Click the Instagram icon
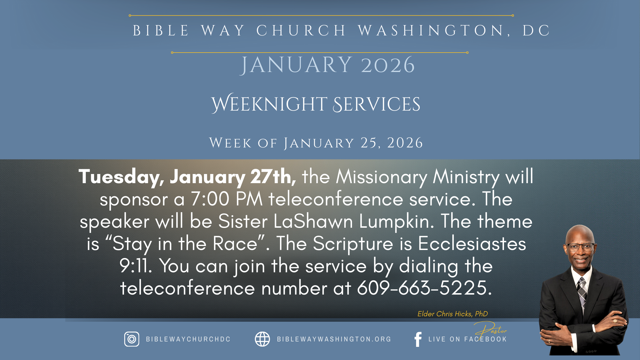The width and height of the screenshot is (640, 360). click(x=132, y=339)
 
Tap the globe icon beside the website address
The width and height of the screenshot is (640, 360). click(x=262, y=339)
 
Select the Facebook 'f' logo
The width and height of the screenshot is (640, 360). click(x=418, y=339)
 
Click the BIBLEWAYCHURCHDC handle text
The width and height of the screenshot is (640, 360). click(x=188, y=339)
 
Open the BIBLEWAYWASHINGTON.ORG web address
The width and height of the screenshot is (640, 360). click(x=334, y=339)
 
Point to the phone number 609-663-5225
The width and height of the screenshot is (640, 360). click(x=425, y=288)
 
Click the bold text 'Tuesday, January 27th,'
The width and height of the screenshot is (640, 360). click(x=187, y=177)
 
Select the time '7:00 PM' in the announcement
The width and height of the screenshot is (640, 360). click(x=227, y=199)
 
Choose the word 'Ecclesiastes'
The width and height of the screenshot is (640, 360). click(x=472, y=244)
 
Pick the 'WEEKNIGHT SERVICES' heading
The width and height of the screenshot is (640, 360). click(x=316, y=104)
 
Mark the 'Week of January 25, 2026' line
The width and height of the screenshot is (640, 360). click(x=316, y=143)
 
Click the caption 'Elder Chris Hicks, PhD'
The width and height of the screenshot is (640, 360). click(x=453, y=314)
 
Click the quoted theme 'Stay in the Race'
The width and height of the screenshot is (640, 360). click(x=185, y=244)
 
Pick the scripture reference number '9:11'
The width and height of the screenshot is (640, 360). click(x=136, y=266)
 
